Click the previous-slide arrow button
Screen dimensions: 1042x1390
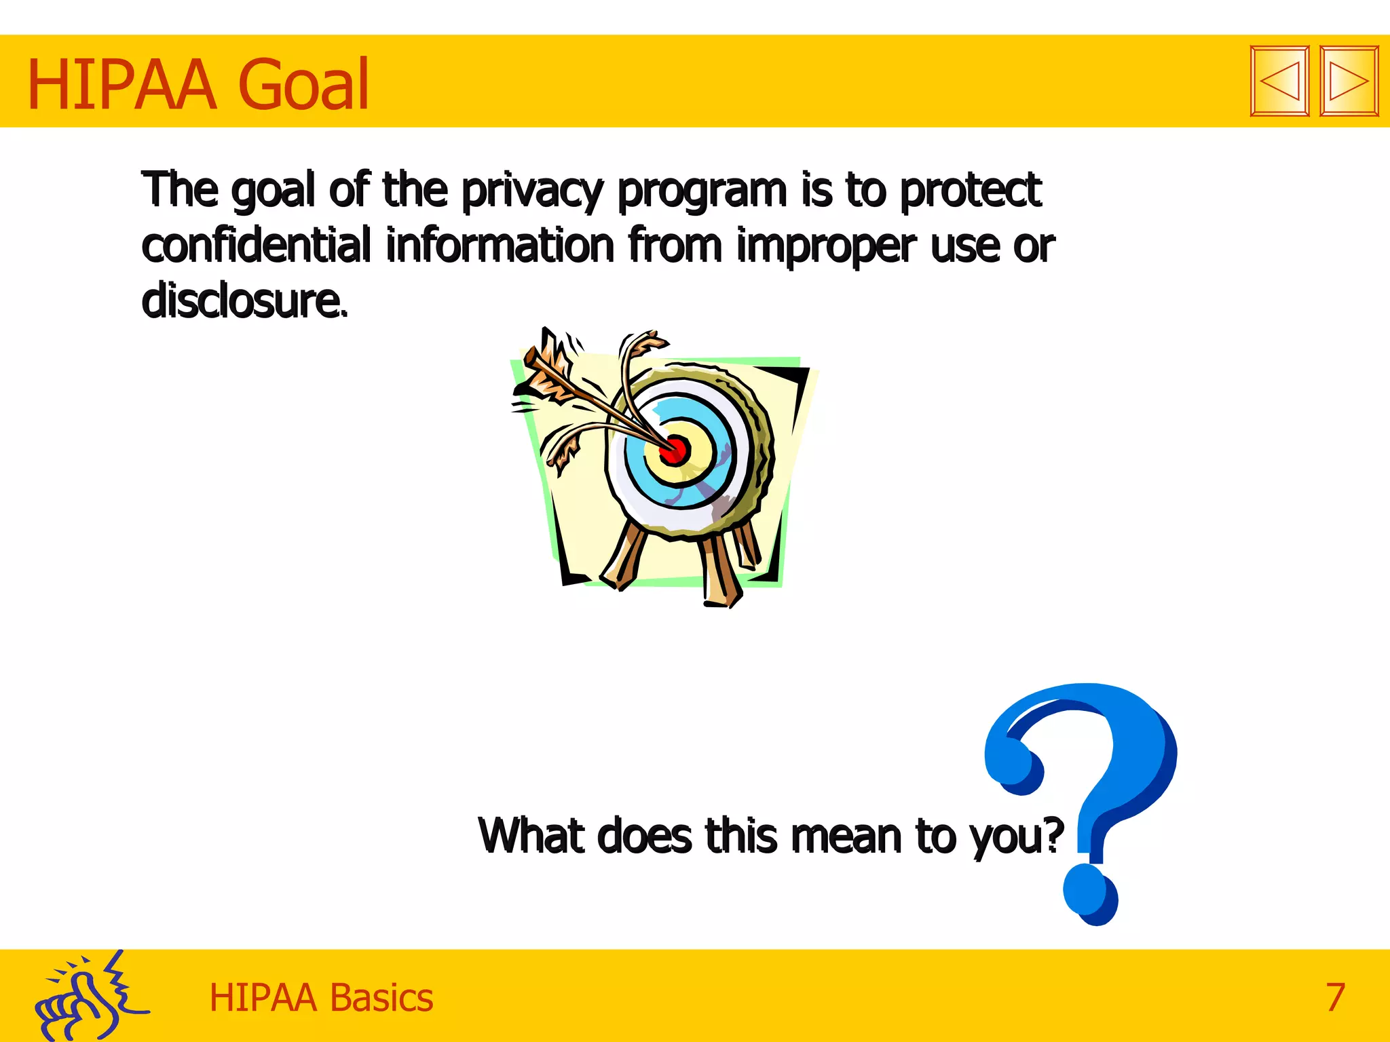point(1279,81)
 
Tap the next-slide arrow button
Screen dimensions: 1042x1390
point(1349,81)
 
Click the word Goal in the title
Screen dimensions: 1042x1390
point(305,85)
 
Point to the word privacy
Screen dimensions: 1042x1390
point(531,191)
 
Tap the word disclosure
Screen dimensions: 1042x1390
point(243,301)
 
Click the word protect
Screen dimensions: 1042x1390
point(971,191)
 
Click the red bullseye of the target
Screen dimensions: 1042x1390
point(675,450)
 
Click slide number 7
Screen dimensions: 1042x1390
point(1335,997)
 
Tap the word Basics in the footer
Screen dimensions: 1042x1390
point(381,998)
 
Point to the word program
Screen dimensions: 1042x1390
point(702,192)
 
